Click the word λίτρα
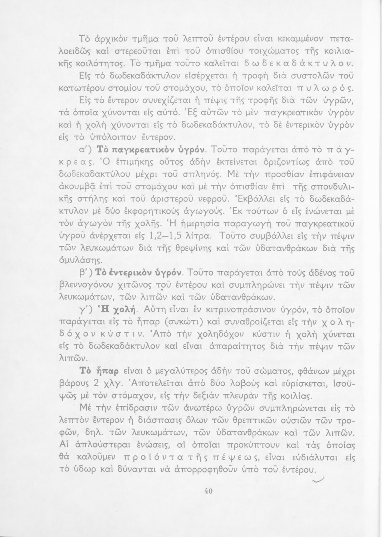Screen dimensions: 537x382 pos(204,236)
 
